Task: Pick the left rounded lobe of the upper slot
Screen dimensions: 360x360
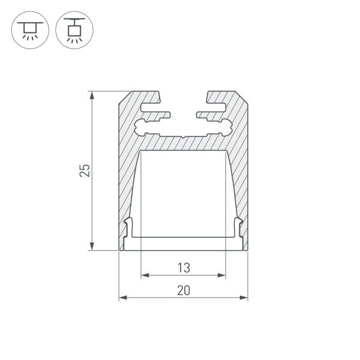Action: [142, 127]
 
